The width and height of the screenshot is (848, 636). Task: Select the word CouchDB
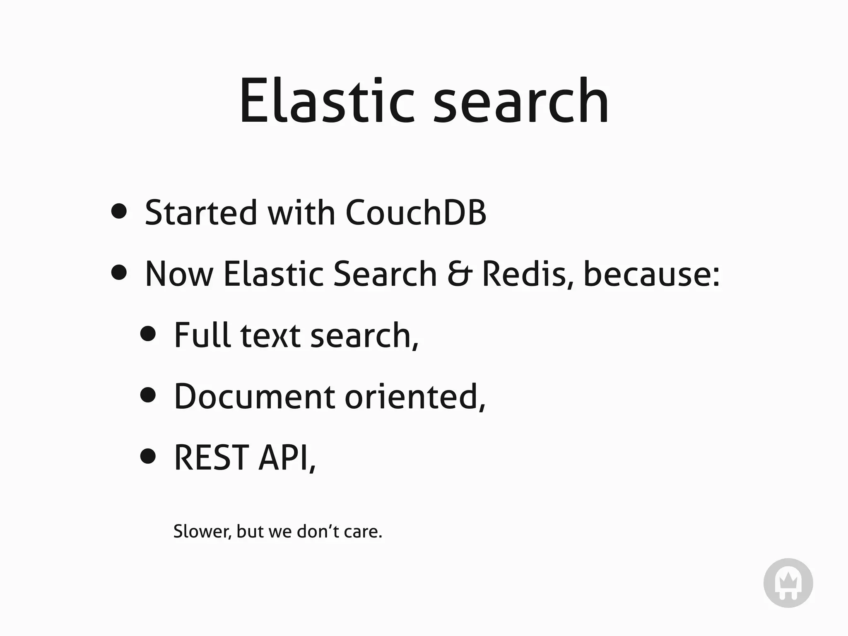(415, 212)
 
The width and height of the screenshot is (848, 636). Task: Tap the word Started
(201, 212)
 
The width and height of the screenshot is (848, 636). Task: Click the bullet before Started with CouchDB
(119, 211)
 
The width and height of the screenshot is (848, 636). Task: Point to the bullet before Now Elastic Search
(119, 272)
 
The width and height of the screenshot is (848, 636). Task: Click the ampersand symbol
(460, 274)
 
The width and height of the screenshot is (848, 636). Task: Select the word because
(651, 274)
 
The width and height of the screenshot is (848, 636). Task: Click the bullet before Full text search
(148, 333)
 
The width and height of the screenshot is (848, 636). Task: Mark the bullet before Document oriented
(148, 395)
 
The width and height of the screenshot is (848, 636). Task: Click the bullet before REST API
(148, 456)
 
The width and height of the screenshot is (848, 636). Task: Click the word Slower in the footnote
(202, 532)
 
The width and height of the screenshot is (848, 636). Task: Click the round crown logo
(788, 583)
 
